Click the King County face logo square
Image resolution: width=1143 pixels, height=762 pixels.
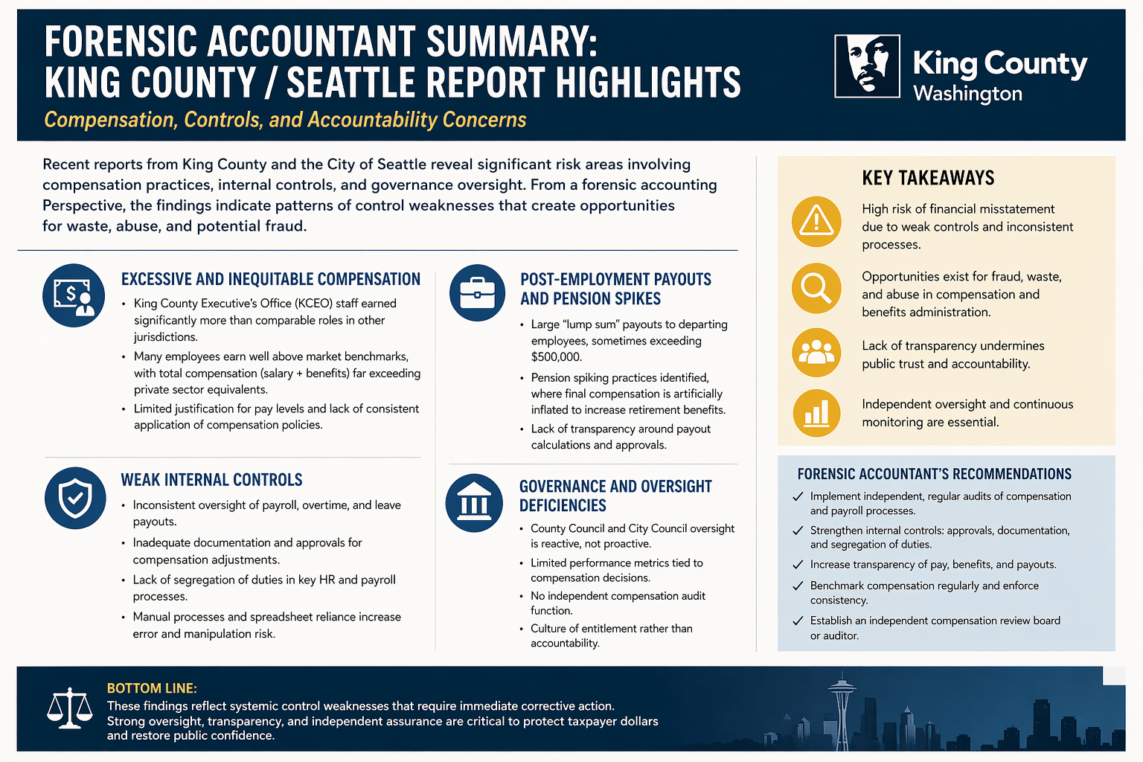[867, 65]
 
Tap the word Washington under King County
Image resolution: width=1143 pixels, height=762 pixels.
[967, 94]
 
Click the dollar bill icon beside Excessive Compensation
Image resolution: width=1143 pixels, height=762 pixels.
[74, 295]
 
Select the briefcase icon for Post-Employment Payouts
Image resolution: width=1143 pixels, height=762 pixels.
[477, 292]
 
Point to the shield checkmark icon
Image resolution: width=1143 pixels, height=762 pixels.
[75, 498]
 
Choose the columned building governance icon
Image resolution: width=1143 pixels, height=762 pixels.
[474, 503]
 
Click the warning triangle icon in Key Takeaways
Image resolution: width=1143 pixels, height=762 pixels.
[816, 222]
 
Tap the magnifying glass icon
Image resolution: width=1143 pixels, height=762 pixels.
[816, 288]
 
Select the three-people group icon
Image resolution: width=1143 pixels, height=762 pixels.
[816, 352]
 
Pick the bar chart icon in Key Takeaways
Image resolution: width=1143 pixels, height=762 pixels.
[816, 413]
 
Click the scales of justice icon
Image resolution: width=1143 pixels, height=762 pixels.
[69, 708]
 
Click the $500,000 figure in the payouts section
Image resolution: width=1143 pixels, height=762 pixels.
[556, 357]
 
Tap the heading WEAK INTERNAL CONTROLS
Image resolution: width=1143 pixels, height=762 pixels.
[211, 480]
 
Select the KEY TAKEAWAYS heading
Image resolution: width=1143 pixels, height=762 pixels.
[928, 178]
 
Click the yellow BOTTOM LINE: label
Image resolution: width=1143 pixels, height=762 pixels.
[152, 688]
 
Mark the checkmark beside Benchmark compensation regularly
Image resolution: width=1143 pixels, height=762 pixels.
[798, 586]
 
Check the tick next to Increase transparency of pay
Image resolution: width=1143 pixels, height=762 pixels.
[798, 565]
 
